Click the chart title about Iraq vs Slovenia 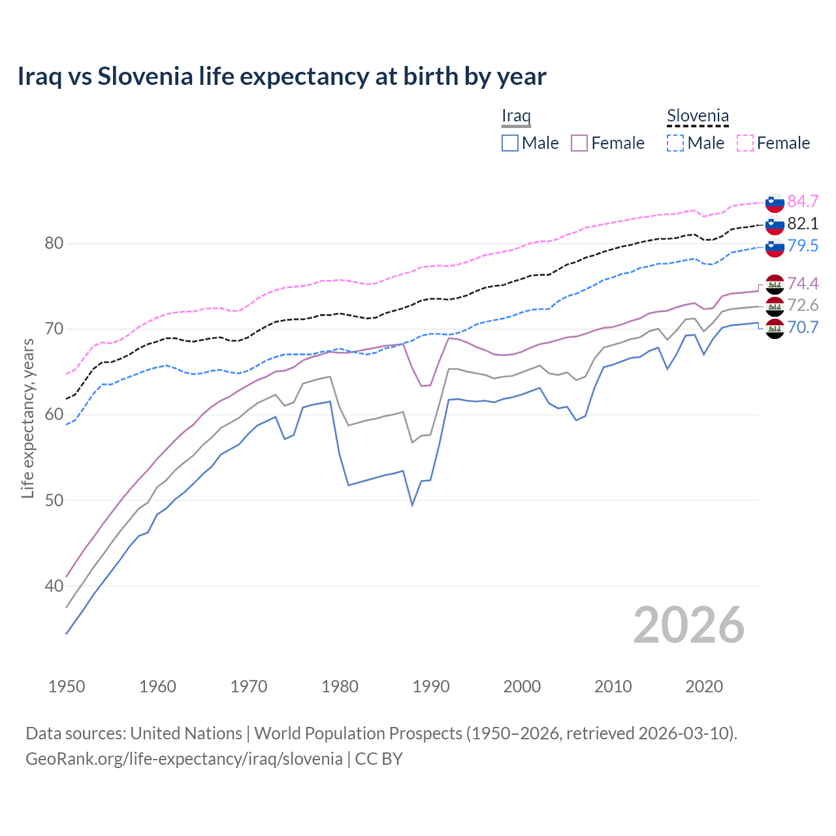(x=281, y=76)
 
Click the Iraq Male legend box (x=510, y=143)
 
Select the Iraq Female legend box (x=579, y=143)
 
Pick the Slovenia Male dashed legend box (x=675, y=143)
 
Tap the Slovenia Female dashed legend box (x=745, y=143)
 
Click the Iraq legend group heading (x=516, y=116)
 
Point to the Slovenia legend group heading (x=698, y=116)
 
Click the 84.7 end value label (x=803, y=201)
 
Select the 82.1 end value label (x=803, y=223)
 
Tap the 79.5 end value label (x=803, y=246)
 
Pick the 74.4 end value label (x=803, y=283)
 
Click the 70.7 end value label (x=803, y=327)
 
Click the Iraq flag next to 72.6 (x=775, y=306)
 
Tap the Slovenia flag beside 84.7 (x=775, y=202)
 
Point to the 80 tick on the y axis (x=54, y=244)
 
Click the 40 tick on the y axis (x=54, y=586)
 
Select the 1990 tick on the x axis (x=431, y=686)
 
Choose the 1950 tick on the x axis (x=67, y=686)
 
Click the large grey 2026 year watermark (x=688, y=625)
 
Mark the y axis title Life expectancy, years (x=28, y=418)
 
